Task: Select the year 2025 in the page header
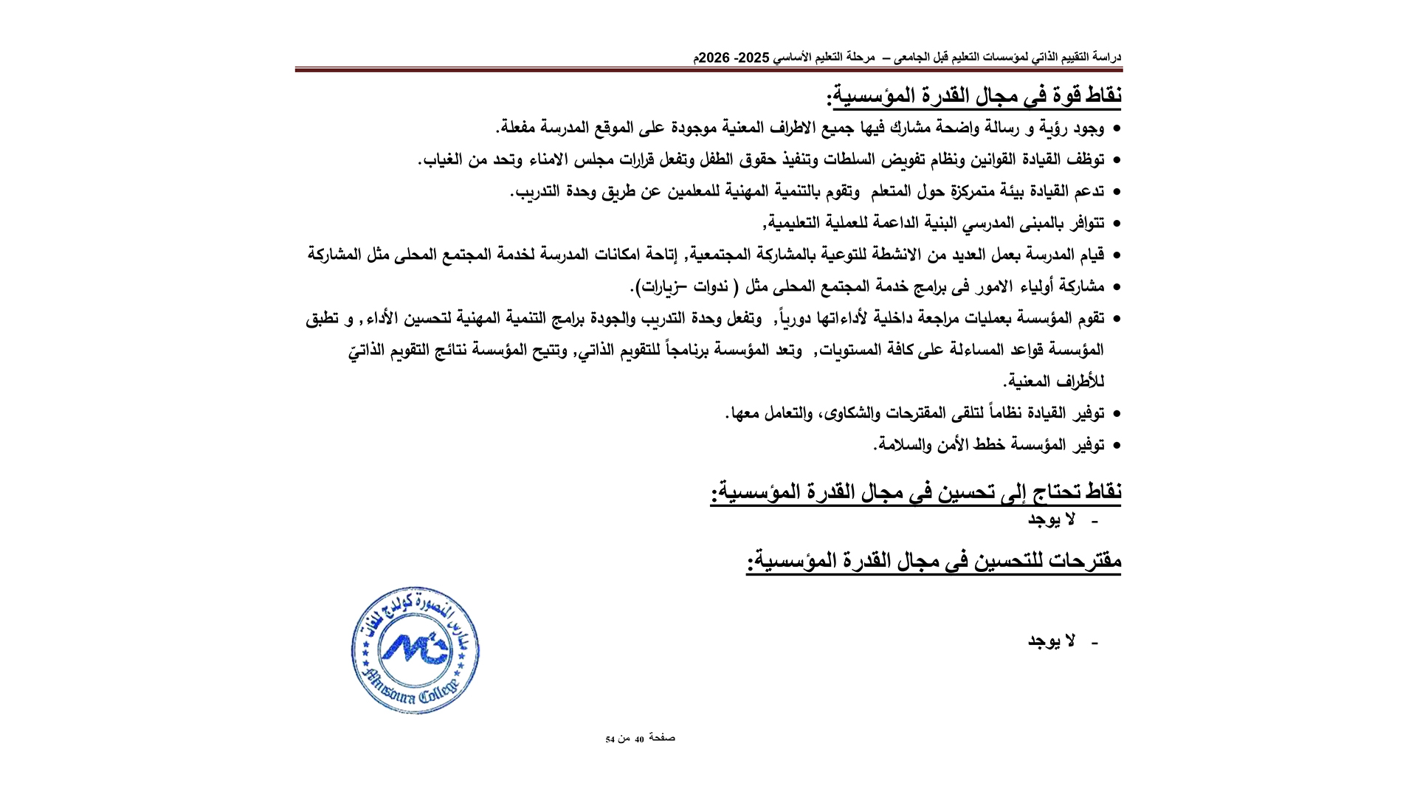click(x=754, y=58)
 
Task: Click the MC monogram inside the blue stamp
click(x=416, y=649)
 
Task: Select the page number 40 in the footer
click(x=639, y=739)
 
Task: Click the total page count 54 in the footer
click(x=610, y=739)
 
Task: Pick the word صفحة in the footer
click(x=662, y=738)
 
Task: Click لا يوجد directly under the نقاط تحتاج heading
click(x=1052, y=520)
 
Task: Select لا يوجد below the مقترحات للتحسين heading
click(x=1052, y=641)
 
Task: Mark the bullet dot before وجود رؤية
click(x=1117, y=129)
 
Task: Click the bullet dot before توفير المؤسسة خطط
click(x=1117, y=446)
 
